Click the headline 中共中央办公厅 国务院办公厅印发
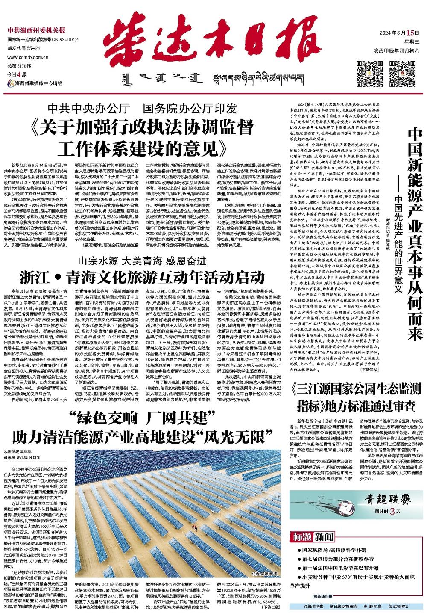(142, 108)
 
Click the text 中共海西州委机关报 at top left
(36, 30)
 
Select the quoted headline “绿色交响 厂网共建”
(142, 418)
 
